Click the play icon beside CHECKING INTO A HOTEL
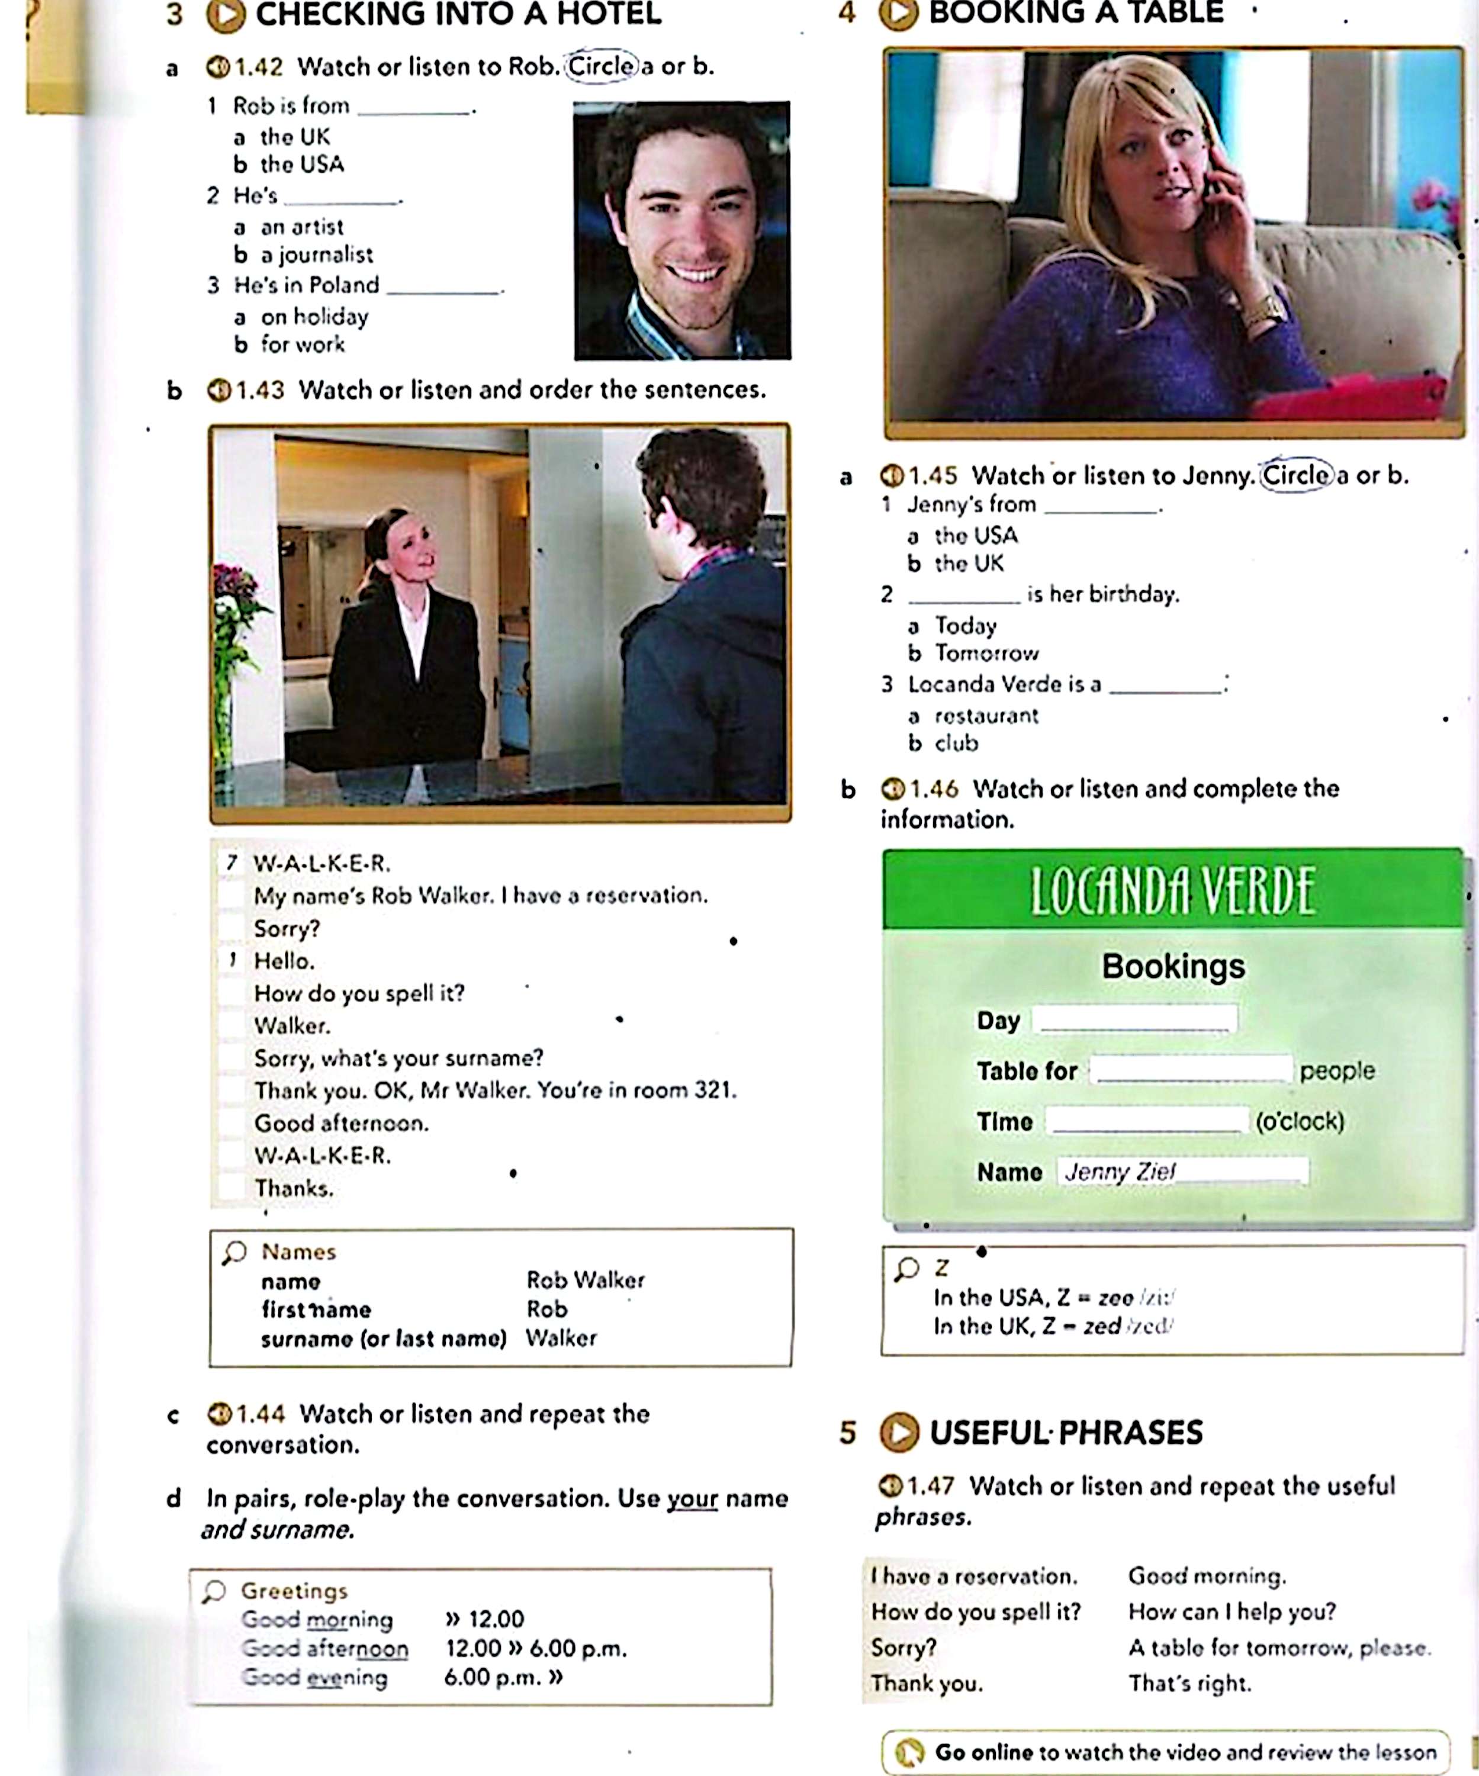coord(225,15)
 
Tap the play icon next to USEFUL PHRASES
coord(899,1433)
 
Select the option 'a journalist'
coord(316,255)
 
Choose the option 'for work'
coord(302,344)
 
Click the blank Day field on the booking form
coord(1136,1019)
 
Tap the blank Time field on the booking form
coord(1147,1121)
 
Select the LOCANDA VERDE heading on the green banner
coord(1173,892)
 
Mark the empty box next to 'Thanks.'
coord(232,1188)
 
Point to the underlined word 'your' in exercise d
coord(692,1498)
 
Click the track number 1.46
coord(934,789)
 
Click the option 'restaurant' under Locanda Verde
coord(986,716)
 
